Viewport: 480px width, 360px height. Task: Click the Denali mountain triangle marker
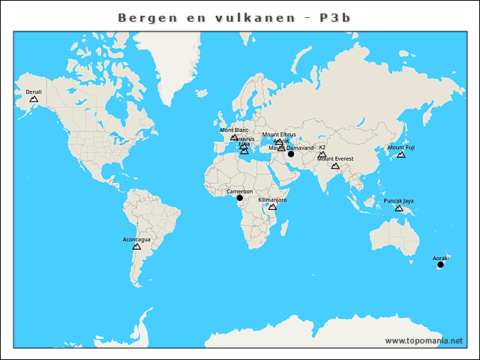pos(34,99)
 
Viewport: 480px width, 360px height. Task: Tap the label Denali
pos(34,92)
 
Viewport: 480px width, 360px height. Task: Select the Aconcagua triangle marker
pos(136,246)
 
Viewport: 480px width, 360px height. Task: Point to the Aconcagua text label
pos(136,239)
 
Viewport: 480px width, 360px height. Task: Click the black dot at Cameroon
pos(240,198)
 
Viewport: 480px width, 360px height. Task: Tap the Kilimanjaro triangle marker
pos(272,206)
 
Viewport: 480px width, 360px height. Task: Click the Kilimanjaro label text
pos(272,200)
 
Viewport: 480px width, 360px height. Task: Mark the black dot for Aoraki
pos(440,265)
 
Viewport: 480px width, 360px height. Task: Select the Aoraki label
pos(440,258)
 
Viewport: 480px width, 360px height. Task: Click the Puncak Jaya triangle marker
pos(399,208)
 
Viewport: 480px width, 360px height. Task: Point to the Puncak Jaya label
pos(398,201)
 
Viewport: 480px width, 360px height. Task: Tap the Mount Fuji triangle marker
pos(401,154)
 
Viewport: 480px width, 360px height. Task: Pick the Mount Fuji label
pos(401,148)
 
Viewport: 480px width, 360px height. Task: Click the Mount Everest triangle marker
pos(335,166)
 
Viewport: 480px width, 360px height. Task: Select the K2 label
pos(322,148)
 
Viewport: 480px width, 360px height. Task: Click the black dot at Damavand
pos(291,154)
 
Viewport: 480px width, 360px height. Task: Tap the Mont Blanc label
pos(234,130)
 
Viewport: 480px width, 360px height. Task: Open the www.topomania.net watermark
pos(424,340)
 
